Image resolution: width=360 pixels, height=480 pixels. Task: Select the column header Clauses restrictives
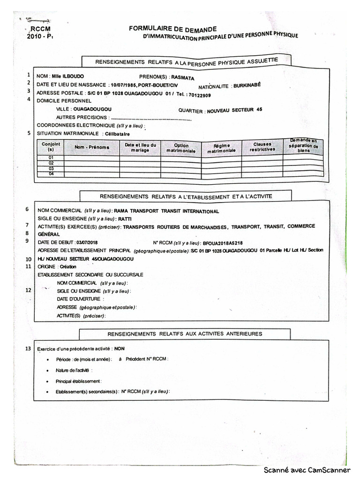262,147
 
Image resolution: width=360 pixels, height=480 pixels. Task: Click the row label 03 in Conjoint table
51,168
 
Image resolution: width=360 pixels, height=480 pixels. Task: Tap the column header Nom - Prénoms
92,147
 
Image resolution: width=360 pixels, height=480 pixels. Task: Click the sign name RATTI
125,218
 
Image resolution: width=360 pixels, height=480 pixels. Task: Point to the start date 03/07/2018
88,242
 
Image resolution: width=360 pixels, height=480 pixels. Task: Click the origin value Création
67,266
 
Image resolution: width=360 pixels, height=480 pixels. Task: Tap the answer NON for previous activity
120,348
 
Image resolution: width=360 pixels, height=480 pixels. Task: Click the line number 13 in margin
29,348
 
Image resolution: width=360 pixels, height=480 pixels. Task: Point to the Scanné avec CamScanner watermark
307,470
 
